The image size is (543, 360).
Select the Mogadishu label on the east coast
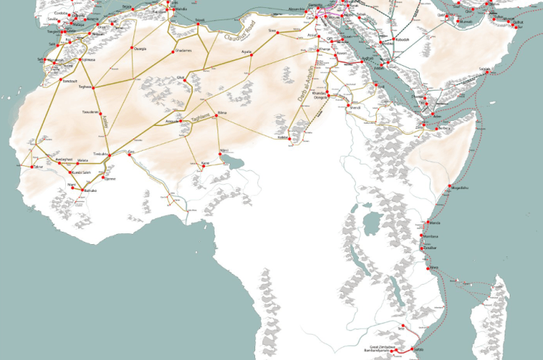point(460,188)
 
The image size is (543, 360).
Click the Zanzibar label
point(430,247)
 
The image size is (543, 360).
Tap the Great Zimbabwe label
point(382,347)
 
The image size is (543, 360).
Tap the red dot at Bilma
point(217,119)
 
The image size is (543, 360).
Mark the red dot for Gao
point(127,154)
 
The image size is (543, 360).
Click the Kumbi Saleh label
point(80,172)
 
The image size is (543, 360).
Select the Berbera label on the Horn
point(444,128)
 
